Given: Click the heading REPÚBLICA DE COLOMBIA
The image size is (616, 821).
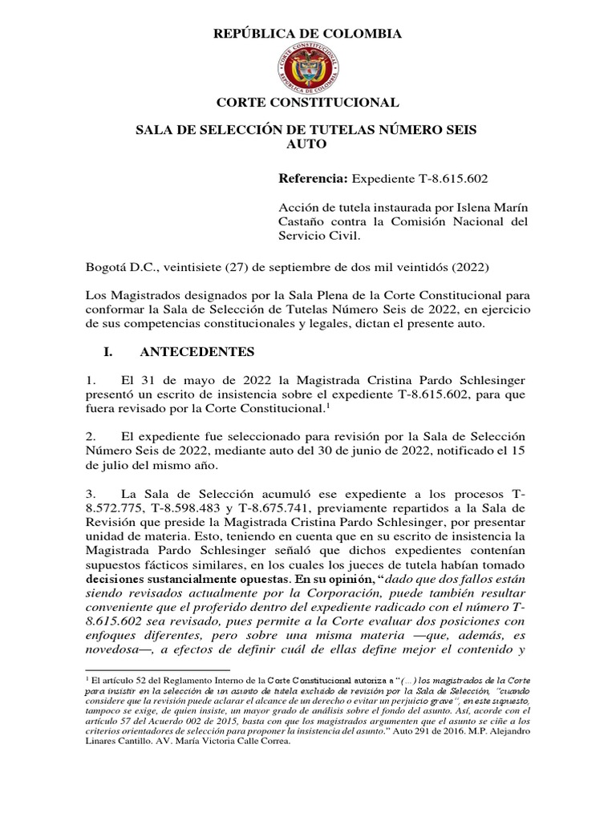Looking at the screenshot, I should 307,34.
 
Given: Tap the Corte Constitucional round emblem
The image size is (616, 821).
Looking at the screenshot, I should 307,68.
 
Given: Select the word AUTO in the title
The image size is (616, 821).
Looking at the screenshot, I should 307,145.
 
